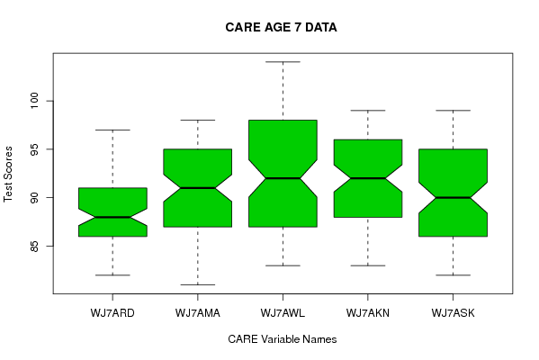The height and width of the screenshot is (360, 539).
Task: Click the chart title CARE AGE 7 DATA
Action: point(281,27)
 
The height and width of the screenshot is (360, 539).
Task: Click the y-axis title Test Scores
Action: point(8,174)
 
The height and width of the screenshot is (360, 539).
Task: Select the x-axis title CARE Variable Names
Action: point(283,339)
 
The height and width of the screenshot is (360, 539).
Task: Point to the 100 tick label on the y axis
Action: point(34,101)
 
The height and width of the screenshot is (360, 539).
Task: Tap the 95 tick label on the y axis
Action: point(34,149)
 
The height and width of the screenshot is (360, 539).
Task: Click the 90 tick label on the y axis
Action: point(34,198)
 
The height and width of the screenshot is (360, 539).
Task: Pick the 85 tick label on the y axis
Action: point(34,247)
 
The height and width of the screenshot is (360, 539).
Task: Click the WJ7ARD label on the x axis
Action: point(112,313)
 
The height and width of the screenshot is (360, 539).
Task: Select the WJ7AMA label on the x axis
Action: point(198,313)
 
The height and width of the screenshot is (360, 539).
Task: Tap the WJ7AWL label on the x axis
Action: point(283,313)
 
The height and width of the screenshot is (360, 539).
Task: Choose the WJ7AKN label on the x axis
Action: point(368,313)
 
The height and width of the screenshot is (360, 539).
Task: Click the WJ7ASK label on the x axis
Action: point(453,313)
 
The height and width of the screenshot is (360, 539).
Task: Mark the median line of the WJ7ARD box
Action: point(112,217)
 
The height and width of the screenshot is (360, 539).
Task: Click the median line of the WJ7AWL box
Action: point(283,178)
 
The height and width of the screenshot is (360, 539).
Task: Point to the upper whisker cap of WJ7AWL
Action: point(283,62)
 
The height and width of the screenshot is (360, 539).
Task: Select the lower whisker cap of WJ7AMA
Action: point(198,284)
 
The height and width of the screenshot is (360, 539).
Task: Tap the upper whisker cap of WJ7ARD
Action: point(112,130)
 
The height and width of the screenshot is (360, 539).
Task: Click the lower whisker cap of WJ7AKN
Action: point(368,265)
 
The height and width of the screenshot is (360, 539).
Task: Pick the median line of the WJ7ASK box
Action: point(453,198)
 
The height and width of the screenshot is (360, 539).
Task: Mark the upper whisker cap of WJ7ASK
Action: point(453,111)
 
